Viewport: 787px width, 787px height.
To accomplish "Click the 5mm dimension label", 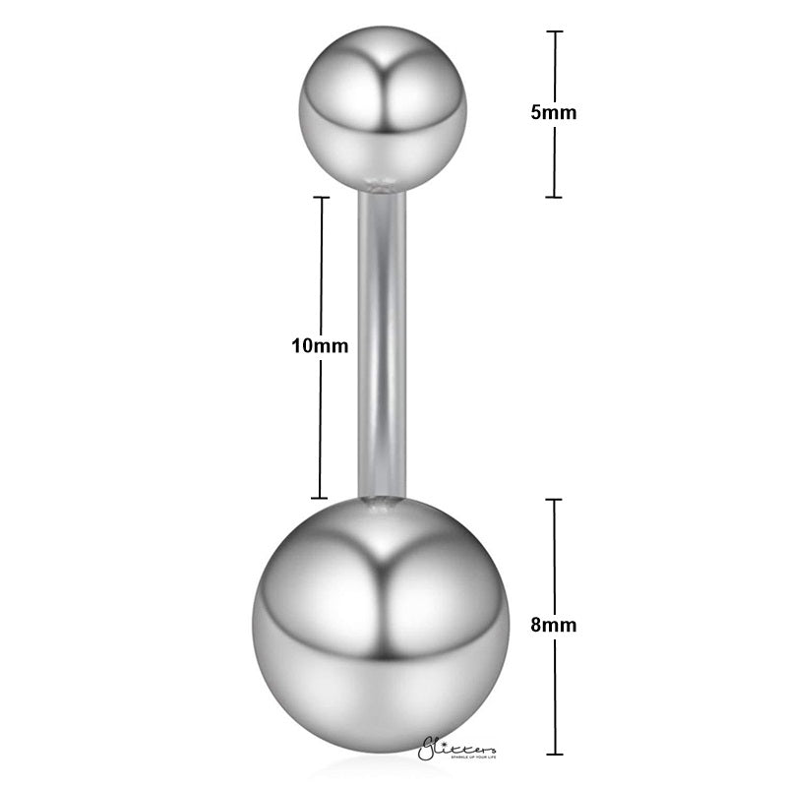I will click(553, 112).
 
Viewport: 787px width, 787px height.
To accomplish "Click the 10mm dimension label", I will click(313, 346).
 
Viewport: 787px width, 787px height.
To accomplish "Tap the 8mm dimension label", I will click(553, 624).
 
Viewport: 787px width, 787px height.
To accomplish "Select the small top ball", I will click(382, 110).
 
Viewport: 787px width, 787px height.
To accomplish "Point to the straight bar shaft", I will click(382, 344).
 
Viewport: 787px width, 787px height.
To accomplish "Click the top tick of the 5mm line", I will click(554, 31).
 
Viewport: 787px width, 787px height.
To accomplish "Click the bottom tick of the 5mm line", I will click(554, 197).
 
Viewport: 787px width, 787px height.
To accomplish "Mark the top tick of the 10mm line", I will click(320, 197).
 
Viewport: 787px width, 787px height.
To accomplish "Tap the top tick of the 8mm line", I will click(554, 500).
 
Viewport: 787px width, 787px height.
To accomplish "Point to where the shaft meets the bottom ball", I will click(382, 502).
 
